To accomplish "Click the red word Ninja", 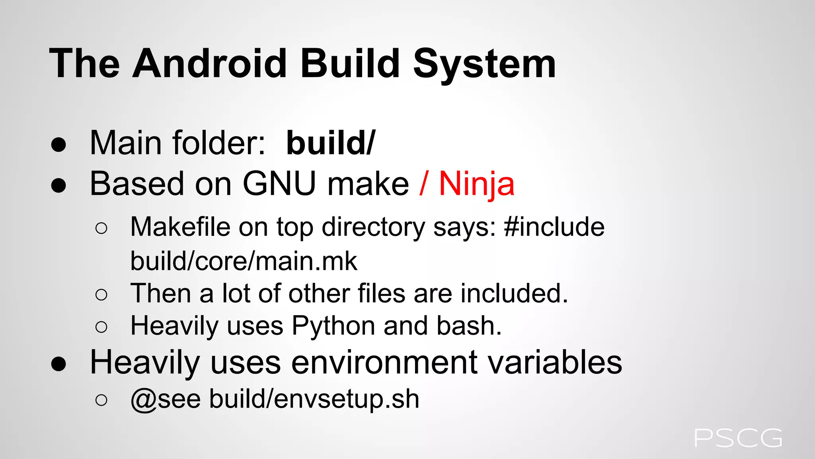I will point(477,184).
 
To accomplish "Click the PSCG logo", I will point(738,438).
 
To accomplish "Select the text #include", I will point(554,227).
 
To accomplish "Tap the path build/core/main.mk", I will point(244,261).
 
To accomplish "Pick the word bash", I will point(469,326).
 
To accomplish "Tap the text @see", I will point(166,399).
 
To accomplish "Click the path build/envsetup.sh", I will point(314,399).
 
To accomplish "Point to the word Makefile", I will point(180,227).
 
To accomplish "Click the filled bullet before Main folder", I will point(58,145).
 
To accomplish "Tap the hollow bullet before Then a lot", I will point(101,295).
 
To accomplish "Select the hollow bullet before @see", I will point(101,400).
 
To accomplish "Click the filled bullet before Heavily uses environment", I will point(58,364).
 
